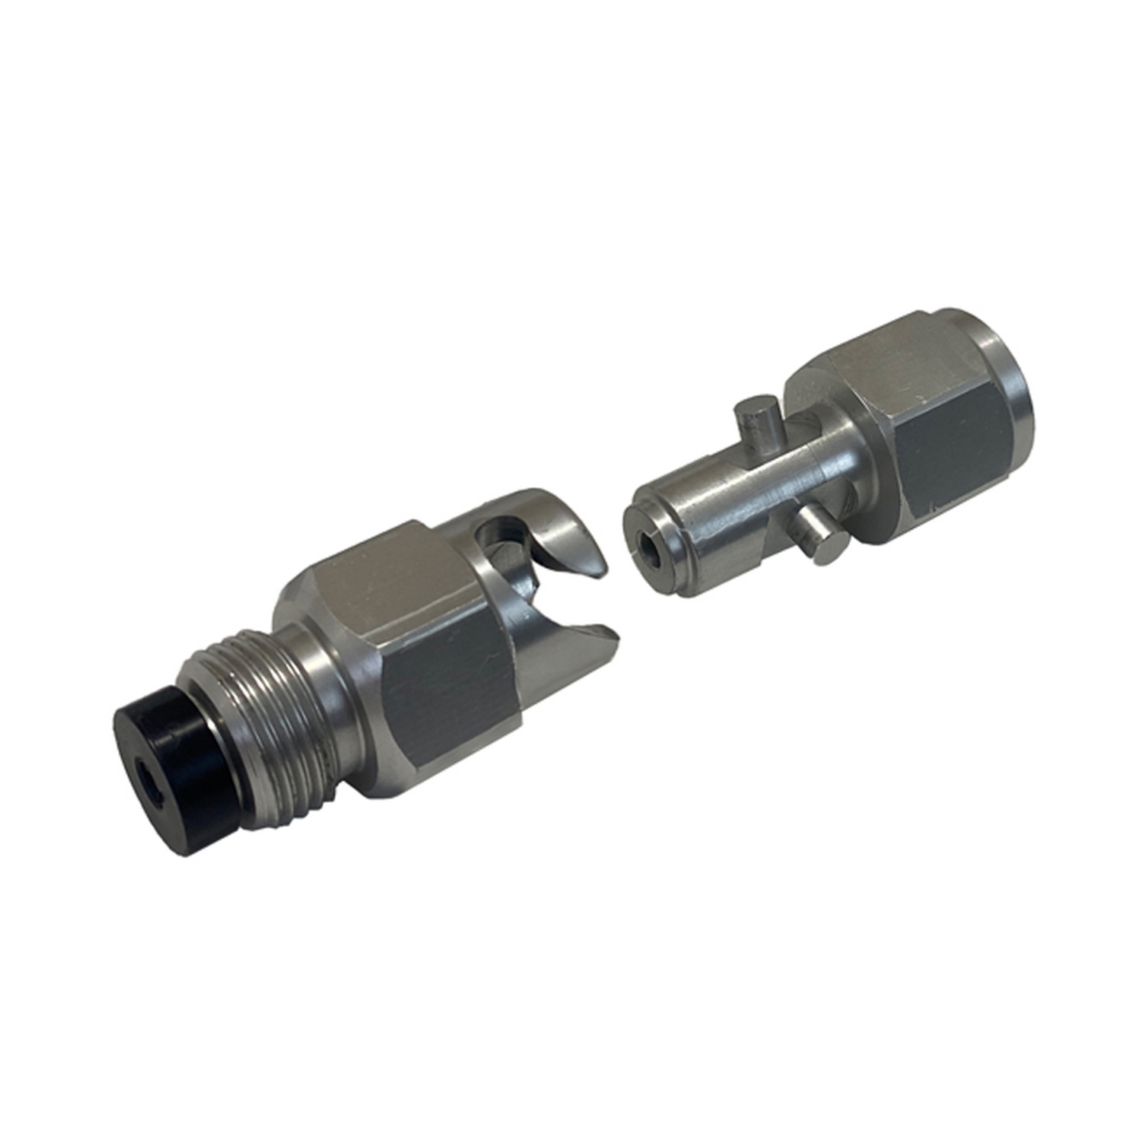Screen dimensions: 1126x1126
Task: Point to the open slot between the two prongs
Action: pyautogui.click(x=545, y=592)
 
